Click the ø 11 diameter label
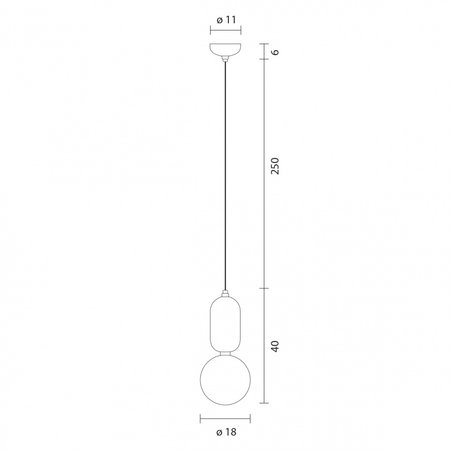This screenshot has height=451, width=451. click(x=226, y=20)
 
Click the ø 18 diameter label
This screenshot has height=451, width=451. click(x=226, y=432)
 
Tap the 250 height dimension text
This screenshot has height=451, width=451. click(x=275, y=166)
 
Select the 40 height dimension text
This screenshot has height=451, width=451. click(x=275, y=346)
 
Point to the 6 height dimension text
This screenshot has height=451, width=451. click(x=275, y=52)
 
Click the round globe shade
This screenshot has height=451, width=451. click(x=225, y=380)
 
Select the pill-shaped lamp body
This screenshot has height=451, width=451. click(x=225, y=324)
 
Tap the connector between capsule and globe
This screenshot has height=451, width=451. click(x=225, y=353)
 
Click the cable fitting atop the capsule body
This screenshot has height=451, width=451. click(x=225, y=294)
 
